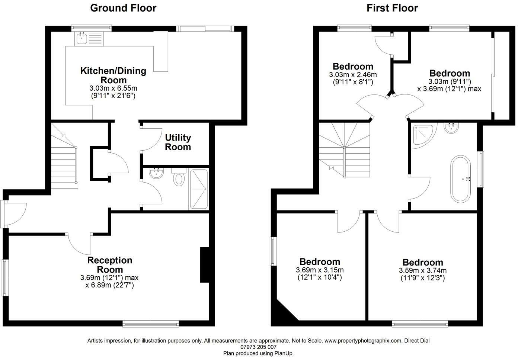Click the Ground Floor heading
click(x=123, y=8)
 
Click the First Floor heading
click(x=392, y=8)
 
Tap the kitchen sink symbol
click(x=81, y=38)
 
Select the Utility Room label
click(x=178, y=142)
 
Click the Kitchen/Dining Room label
click(x=113, y=75)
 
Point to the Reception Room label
click(x=110, y=265)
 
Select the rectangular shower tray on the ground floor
click(x=198, y=189)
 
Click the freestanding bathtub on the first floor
click(x=461, y=179)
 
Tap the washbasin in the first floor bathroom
click(x=451, y=128)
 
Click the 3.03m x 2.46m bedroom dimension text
click(x=353, y=78)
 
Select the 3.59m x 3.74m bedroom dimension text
click(x=423, y=274)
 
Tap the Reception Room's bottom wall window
click(x=151, y=324)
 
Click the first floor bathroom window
click(x=482, y=169)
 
